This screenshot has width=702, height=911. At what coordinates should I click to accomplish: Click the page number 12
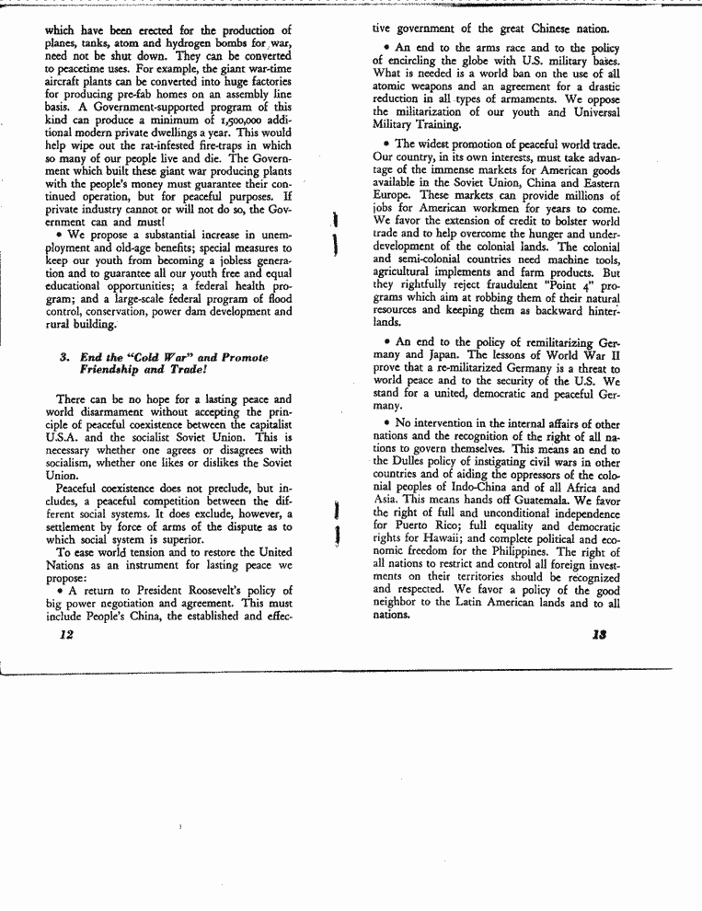click(x=63, y=634)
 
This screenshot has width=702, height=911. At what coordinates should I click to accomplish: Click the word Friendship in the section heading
click(x=113, y=370)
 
